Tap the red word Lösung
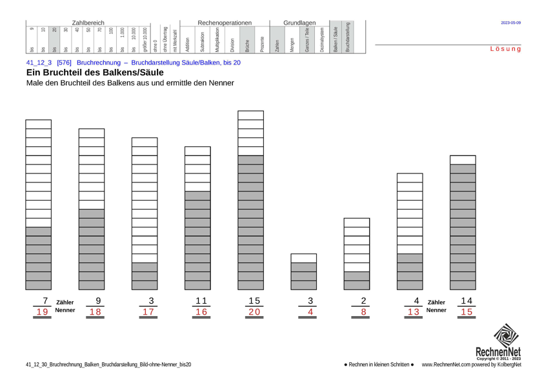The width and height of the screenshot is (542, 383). [505, 49]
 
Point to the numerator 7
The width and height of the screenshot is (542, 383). [45, 300]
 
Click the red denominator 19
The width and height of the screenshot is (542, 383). [43, 312]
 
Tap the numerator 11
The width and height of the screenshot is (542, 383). [201, 300]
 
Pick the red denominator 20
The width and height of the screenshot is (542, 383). [254, 312]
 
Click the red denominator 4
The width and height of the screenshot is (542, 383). [310, 312]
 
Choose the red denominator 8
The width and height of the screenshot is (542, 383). [364, 312]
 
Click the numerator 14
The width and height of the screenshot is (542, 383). [466, 300]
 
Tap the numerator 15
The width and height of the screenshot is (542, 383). [254, 300]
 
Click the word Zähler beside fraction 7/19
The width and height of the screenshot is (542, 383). [65, 302]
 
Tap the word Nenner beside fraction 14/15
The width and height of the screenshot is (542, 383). [437, 310]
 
